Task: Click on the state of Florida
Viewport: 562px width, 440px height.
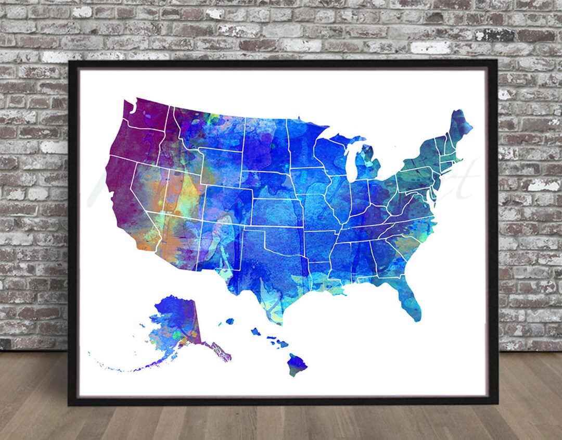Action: pos(408,294)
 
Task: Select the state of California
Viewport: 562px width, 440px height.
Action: pos(125,203)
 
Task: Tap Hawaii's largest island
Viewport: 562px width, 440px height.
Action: pos(297,364)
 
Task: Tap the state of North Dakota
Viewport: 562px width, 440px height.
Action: pos(265,133)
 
